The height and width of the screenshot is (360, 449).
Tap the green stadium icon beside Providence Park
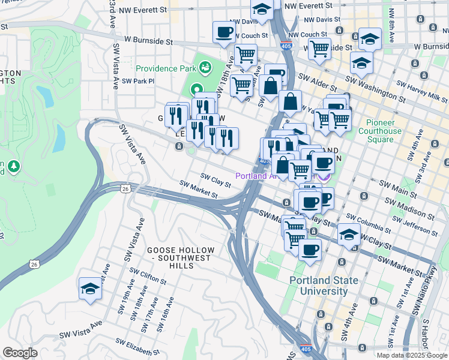(206, 67)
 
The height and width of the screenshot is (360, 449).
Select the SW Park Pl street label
(138, 81)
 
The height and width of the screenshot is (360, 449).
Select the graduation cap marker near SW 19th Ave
(90, 289)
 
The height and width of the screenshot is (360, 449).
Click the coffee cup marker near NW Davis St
(224, 32)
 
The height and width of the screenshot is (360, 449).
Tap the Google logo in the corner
(20, 353)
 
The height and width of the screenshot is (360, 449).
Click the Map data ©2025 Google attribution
(412, 355)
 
